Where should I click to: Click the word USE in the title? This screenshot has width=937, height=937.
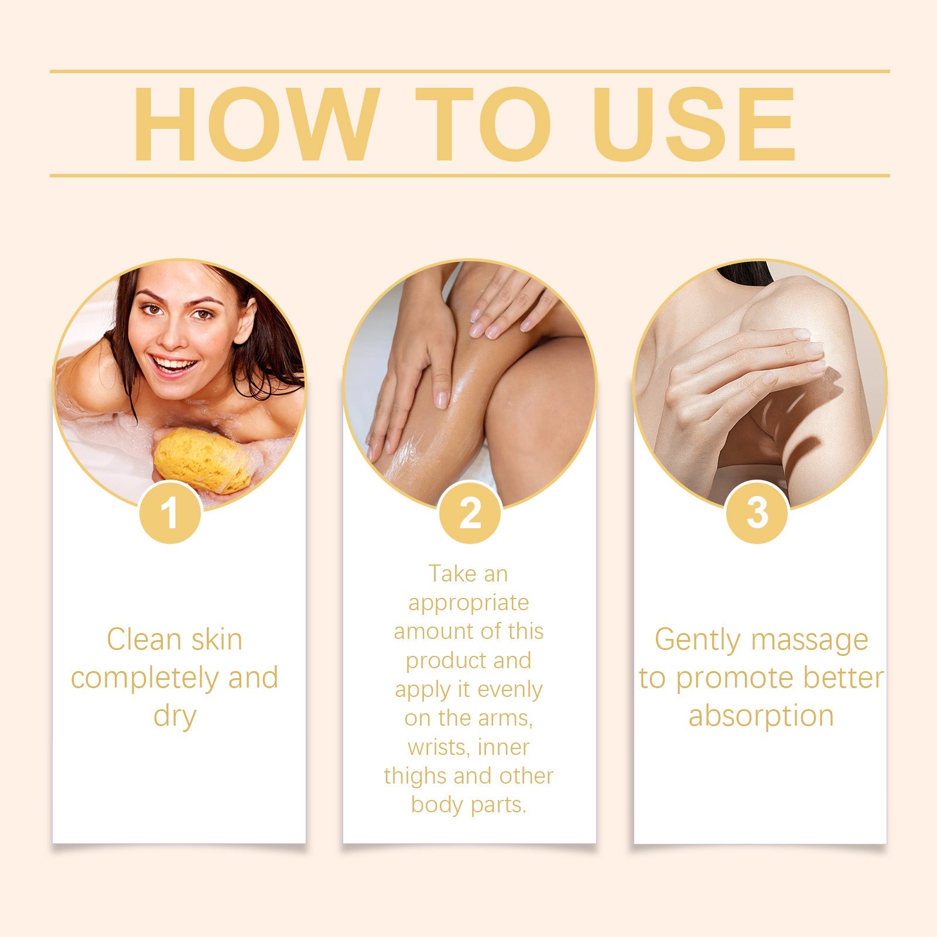pos(695,124)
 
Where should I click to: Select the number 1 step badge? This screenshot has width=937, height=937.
pos(170,513)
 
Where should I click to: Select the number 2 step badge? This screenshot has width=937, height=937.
pos(470,513)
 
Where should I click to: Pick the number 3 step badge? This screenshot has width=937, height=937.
pos(757,513)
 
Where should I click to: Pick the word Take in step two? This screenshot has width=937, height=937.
pos(452,574)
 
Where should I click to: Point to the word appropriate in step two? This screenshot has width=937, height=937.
pos(468,603)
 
